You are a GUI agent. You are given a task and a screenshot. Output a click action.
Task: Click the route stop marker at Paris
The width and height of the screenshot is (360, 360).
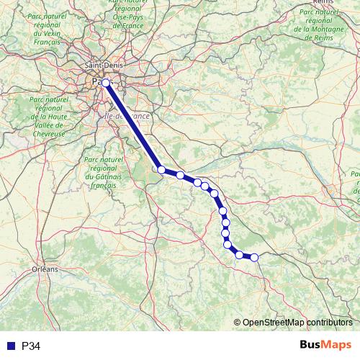[x=106, y=83]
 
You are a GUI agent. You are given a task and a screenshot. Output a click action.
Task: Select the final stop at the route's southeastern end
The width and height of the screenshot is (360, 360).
[x=254, y=257]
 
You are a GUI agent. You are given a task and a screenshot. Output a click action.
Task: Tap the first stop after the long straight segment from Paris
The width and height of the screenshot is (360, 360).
[x=161, y=170]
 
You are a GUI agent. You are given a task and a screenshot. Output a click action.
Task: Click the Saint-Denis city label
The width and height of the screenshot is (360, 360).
[x=103, y=67]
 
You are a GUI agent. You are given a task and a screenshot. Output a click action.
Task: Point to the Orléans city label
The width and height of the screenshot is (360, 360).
[x=45, y=269]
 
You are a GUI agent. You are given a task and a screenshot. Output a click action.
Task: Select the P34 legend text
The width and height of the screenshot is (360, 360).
[x=31, y=346]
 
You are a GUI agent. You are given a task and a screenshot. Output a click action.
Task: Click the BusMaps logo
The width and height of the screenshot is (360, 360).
[x=326, y=345]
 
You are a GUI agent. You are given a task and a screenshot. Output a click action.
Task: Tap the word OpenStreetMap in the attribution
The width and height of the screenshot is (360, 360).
[x=273, y=323]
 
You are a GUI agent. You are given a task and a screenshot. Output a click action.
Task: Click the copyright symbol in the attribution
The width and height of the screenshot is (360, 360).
[x=237, y=323]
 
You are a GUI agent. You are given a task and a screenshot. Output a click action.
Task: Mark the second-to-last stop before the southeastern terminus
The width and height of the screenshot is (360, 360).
[x=239, y=255]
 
